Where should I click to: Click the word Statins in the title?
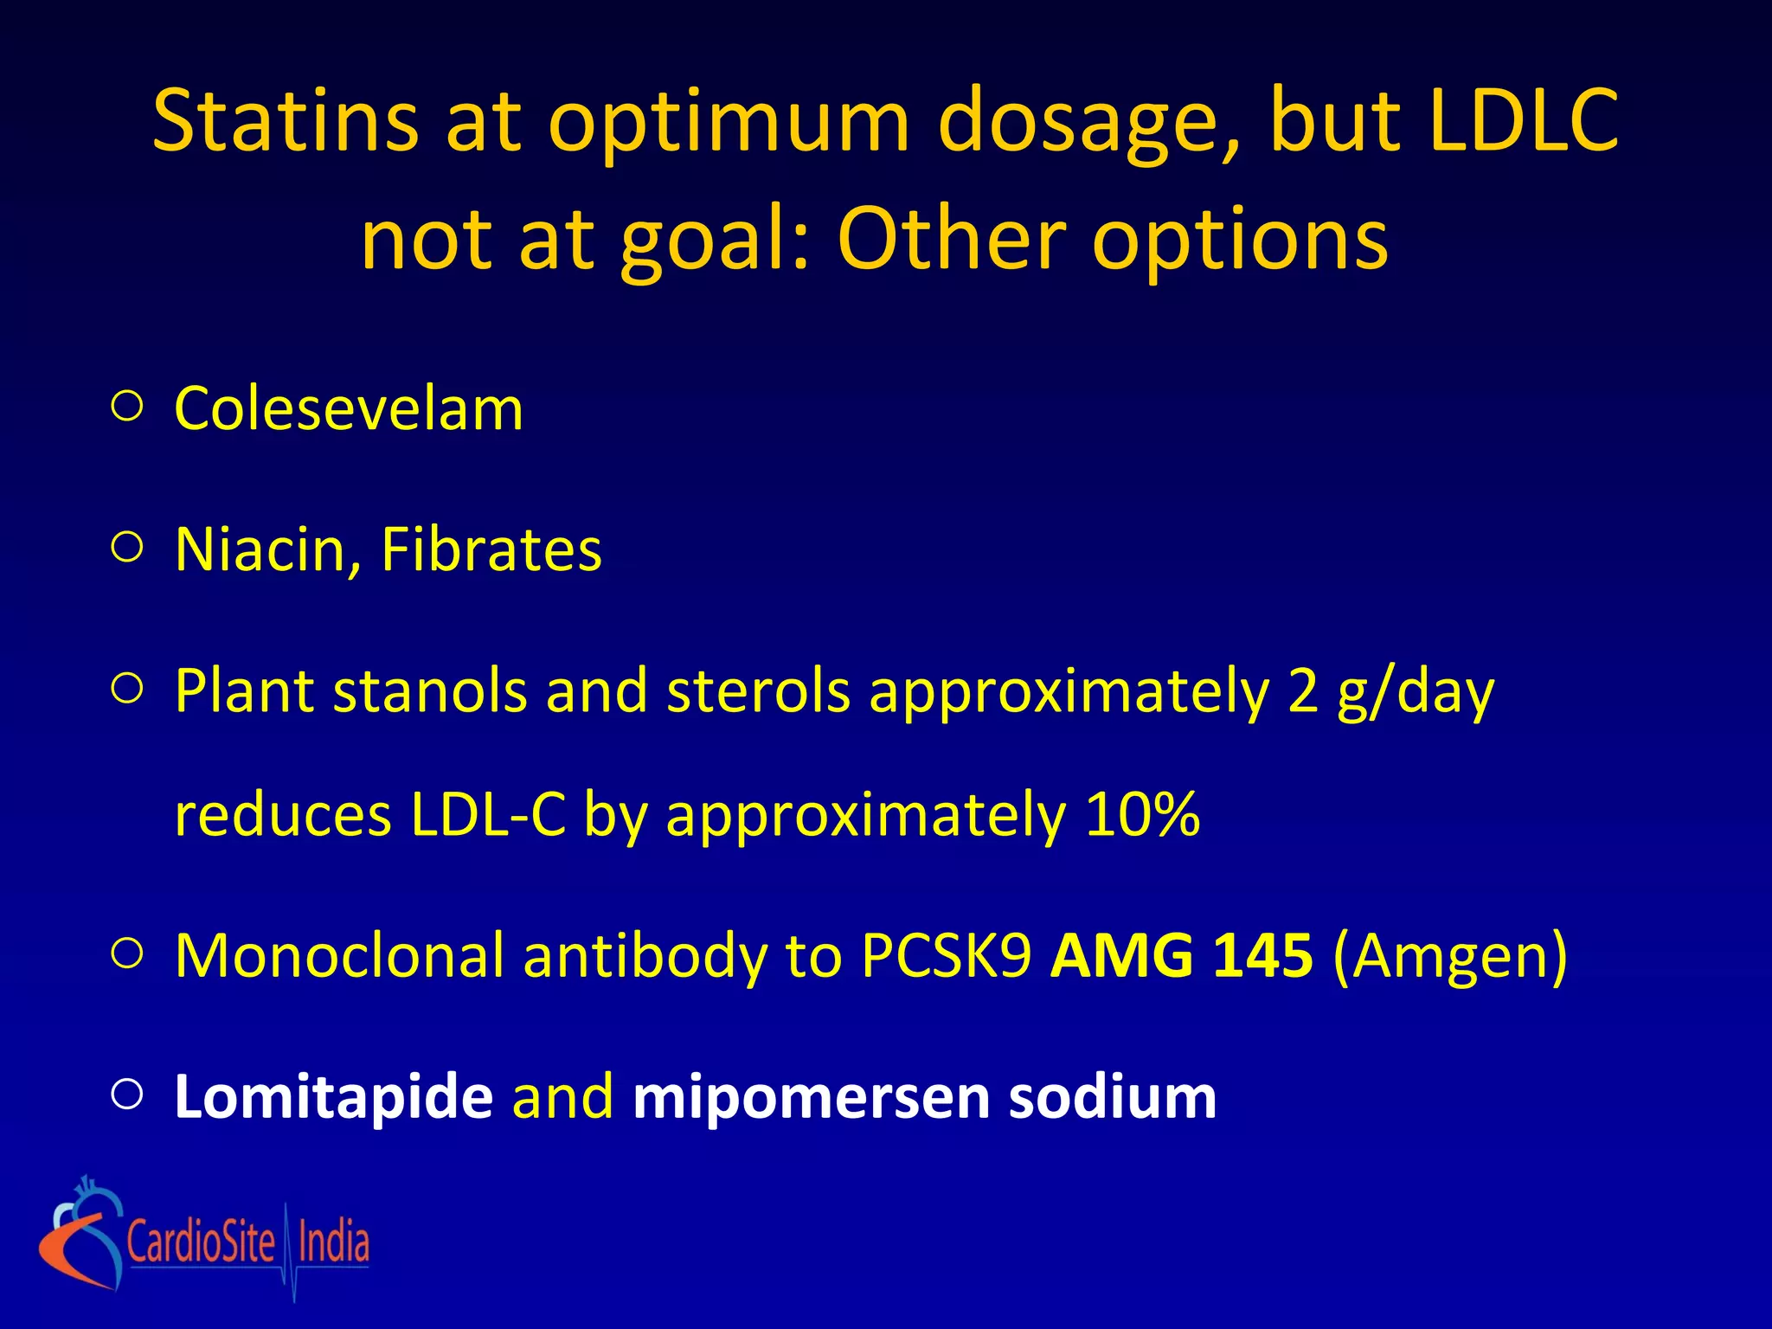click(286, 121)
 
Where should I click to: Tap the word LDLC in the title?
click(1523, 121)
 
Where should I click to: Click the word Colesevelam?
click(349, 408)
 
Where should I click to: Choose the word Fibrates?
click(491, 550)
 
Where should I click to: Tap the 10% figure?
click(1142, 815)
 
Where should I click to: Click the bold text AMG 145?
click(1181, 956)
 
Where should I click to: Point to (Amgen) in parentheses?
click(1450, 956)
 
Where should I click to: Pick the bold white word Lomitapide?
click(334, 1097)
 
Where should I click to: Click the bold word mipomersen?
click(811, 1097)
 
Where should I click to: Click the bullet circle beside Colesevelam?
click(127, 407)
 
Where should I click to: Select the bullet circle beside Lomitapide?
click(127, 1095)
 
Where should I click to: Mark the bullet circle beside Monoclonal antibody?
click(127, 953)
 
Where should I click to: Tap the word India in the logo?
click(334, 1242)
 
